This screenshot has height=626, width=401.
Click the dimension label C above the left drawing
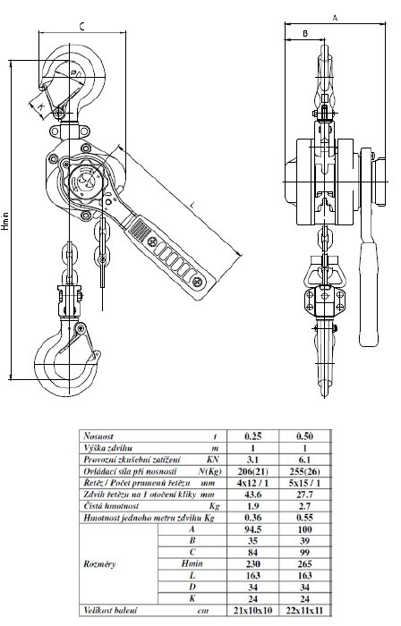tap(81, 27)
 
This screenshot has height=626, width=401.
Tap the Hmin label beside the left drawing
tap(4, 221)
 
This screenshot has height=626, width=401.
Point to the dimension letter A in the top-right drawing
tap(336, 18)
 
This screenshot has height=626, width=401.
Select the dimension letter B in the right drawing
tap(305, 34)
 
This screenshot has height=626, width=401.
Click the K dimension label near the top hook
tap(40, 106)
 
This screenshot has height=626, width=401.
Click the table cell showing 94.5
tap(252, 529)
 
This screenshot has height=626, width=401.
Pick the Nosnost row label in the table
tap(98, 436)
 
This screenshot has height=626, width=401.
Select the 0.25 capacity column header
tap(252, 436)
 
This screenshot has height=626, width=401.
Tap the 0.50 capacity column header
tap(304, 436)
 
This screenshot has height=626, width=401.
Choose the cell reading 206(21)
tap(252, 471)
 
